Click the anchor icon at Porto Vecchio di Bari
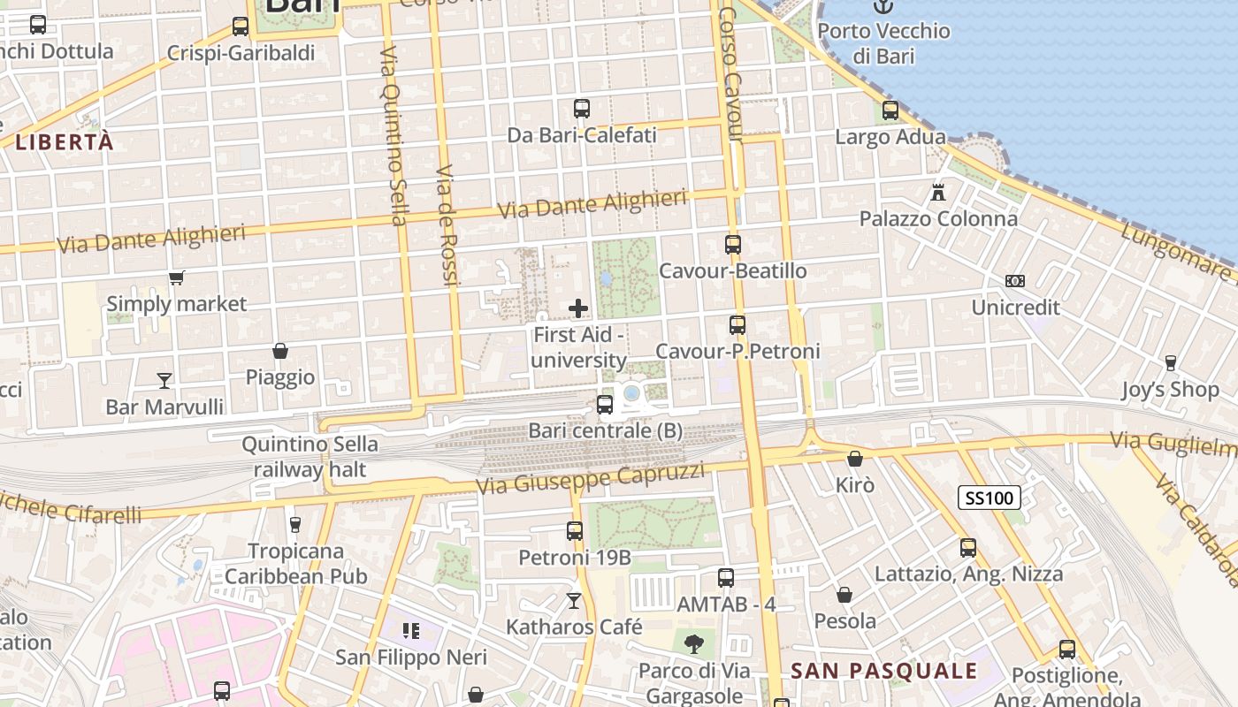click(883, 6)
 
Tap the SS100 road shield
click(990, 498)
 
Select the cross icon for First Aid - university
click(578, 308)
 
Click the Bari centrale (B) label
click(605, 431)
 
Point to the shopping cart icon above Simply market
click(176, 278)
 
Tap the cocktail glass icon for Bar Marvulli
click(164, 381)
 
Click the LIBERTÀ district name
click(65, 141)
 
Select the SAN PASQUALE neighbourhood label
click(883, 671)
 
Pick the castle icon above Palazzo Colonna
click(937, 192)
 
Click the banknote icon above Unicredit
click(1015, 281)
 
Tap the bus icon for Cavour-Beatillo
click(732, 245)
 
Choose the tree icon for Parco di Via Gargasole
click(694, 643)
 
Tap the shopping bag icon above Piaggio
click(280, 351)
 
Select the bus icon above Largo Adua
click(890, 110)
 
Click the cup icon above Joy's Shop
click(1170, 362)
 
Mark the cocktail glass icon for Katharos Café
click(574, 601)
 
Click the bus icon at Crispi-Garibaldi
click(241, 27)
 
